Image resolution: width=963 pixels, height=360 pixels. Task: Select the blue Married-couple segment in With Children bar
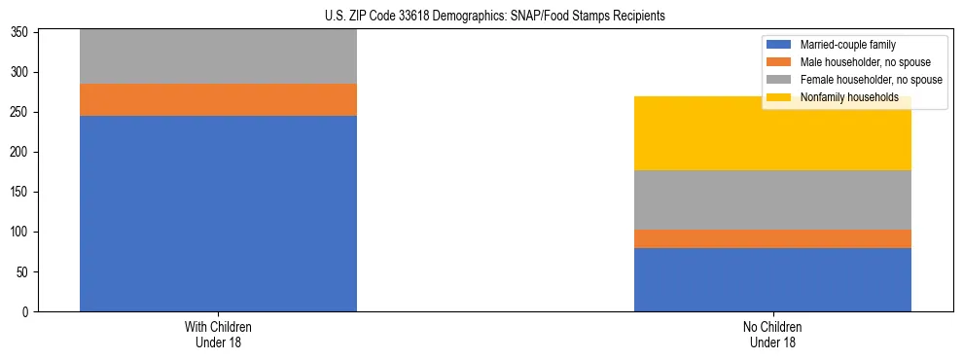(x=218, y=213)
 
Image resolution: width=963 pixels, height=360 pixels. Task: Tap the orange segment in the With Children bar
(x=218, y=99)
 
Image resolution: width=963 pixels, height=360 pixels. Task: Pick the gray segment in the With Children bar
(x=218, y=56)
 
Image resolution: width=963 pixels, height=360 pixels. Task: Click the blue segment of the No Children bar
(x=772, y=279)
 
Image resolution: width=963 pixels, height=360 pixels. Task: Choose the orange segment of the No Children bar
(x=772, y=238)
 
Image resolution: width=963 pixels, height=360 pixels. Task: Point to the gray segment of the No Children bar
(x=772, y=199)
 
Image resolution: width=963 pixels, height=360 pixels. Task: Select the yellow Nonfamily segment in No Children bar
(x=772, y=133)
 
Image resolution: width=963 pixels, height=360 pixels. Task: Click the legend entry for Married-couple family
(x=847, y=45)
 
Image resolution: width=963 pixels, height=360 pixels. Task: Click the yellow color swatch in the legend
(x=780, y=97)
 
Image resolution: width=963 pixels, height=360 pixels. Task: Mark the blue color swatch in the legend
(x=780, y=45)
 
